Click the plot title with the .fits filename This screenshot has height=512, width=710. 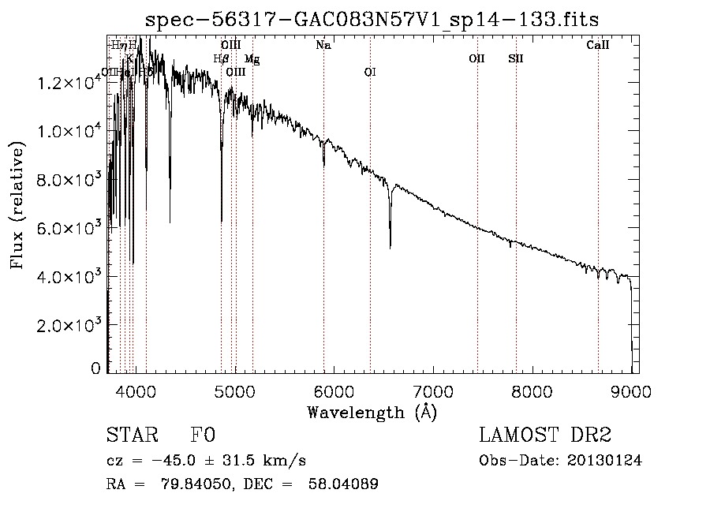(378, 19)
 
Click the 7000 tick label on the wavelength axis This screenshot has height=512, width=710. (432, 391)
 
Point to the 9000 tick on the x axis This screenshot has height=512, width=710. (631, 391)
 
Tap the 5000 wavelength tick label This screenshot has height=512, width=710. (234, 391)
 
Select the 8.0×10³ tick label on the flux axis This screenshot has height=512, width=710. (69, 180)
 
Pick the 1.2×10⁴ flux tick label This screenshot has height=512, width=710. (69, 83)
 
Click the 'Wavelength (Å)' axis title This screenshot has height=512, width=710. (372, 412)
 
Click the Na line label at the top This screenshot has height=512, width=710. (323, 46)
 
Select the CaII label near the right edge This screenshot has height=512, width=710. (598, 46)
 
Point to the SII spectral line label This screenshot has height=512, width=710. (516, 58)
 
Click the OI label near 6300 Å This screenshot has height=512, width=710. (370, 72)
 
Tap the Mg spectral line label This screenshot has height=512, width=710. (252, 59)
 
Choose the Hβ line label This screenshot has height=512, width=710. (221, 58)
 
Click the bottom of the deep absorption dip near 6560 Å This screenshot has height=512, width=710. (390, 247)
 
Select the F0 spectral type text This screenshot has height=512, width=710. (203, 436)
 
